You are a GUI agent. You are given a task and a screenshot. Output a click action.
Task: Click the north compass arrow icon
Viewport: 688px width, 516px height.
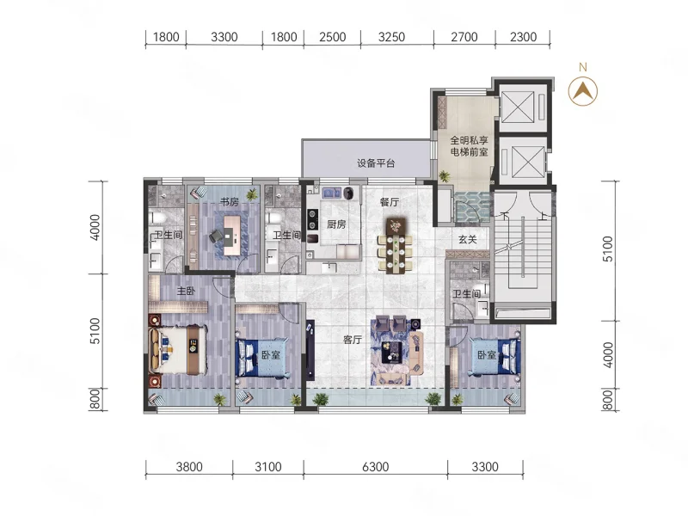pyautogui.click(x=583, y=91)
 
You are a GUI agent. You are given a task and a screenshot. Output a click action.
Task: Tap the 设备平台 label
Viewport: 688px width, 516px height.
pyautogui.click(x=376, y=163)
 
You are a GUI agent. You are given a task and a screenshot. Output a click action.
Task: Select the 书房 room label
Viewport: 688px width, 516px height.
pyautogui.click(x=229, y=202)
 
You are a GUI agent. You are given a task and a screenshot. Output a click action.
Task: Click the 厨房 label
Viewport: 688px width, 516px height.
pyautogui.click(x=336, y=224)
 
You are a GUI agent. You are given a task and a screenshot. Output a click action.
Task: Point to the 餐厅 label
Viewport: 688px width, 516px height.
pyautogui.click(x=390, y=202)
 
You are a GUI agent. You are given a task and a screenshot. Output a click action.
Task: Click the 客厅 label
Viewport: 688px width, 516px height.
pyautogui.click(x=353, y=340)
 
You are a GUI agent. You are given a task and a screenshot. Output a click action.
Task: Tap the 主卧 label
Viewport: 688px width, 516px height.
pyautogui.click(x=186, y=291)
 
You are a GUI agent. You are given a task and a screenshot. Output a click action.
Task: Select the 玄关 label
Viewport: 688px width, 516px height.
pyautogui.click(x=467, y=239)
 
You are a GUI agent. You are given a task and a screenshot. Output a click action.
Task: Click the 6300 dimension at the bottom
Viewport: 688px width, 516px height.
pyautogui.click(x=375, y=466)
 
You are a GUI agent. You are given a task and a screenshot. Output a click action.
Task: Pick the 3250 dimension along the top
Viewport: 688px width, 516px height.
pyautogui.click(x=391, y=37)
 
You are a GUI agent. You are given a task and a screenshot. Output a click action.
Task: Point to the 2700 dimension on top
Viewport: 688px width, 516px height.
pyautogui.click(x=464, y=37)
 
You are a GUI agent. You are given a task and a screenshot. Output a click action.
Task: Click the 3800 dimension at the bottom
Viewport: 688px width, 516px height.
pyautogui.click(x=189, y=466)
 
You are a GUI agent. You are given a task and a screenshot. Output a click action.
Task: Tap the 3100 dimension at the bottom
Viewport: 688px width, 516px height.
pyautogui.click(x=267, y=466)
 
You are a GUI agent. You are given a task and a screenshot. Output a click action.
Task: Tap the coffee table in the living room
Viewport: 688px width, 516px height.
pyautogui.click(x=391, y=353)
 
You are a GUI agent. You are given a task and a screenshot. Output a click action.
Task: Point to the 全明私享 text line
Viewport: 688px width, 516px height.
pyautogui.click(x=469, y=140)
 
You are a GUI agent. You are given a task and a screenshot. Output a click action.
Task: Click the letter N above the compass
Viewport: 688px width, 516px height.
pyautogui.click(x=583, y=67)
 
